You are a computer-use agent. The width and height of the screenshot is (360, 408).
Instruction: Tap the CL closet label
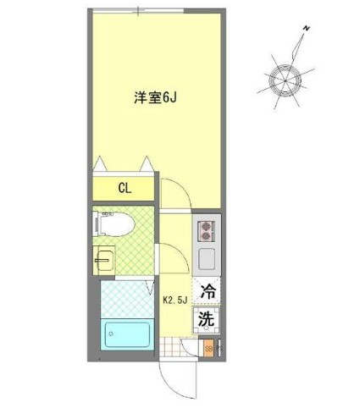[123, 188]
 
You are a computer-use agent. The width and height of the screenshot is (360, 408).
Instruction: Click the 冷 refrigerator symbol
[206, 290]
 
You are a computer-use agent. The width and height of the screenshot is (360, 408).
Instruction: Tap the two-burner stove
[208, 229]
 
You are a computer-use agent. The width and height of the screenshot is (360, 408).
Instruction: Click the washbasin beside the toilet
[104, 259]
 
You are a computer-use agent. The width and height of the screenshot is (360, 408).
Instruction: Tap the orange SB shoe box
[208, 348]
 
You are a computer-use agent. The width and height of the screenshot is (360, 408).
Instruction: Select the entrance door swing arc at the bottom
[180, 379]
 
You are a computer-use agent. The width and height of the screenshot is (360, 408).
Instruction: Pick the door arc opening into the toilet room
[169, 254]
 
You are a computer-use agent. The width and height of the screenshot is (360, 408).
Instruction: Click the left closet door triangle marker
[102, 163]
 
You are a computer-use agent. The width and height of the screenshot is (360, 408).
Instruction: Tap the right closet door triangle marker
[147, 163]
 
